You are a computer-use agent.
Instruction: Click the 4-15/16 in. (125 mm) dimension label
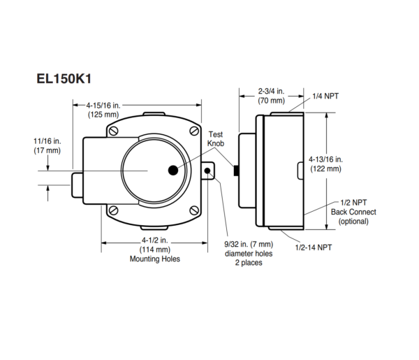[x=103, y=109]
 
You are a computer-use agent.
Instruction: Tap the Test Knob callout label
[x=216, y=138]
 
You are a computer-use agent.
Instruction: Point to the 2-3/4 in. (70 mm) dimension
[x=271, y=96]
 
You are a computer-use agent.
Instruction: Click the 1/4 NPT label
[x=325, y=96]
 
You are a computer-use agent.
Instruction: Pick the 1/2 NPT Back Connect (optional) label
[x=353, y=212]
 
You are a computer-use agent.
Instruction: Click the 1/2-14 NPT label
[x=314, y=247]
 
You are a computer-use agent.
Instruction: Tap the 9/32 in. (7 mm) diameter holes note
[x=248, y=254]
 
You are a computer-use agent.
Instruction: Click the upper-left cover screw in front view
[x=113, y=131]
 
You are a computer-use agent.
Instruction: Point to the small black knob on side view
[x=236, y=171]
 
